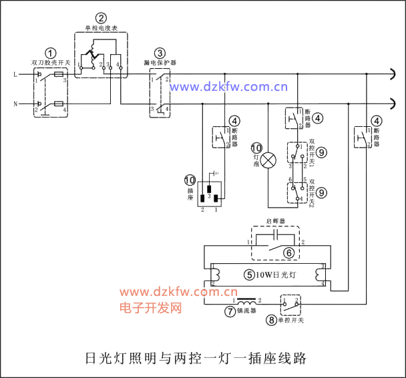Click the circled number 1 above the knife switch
click(51, 53)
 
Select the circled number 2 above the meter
click(101, 18)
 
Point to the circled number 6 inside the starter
click(289, 252)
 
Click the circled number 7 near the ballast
click(229, 311)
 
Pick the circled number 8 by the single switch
click(271, 320)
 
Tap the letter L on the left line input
click(15, 73)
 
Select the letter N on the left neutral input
click(15, 104)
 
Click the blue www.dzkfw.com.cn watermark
click(228, 86)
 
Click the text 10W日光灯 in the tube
click(276, 274)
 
